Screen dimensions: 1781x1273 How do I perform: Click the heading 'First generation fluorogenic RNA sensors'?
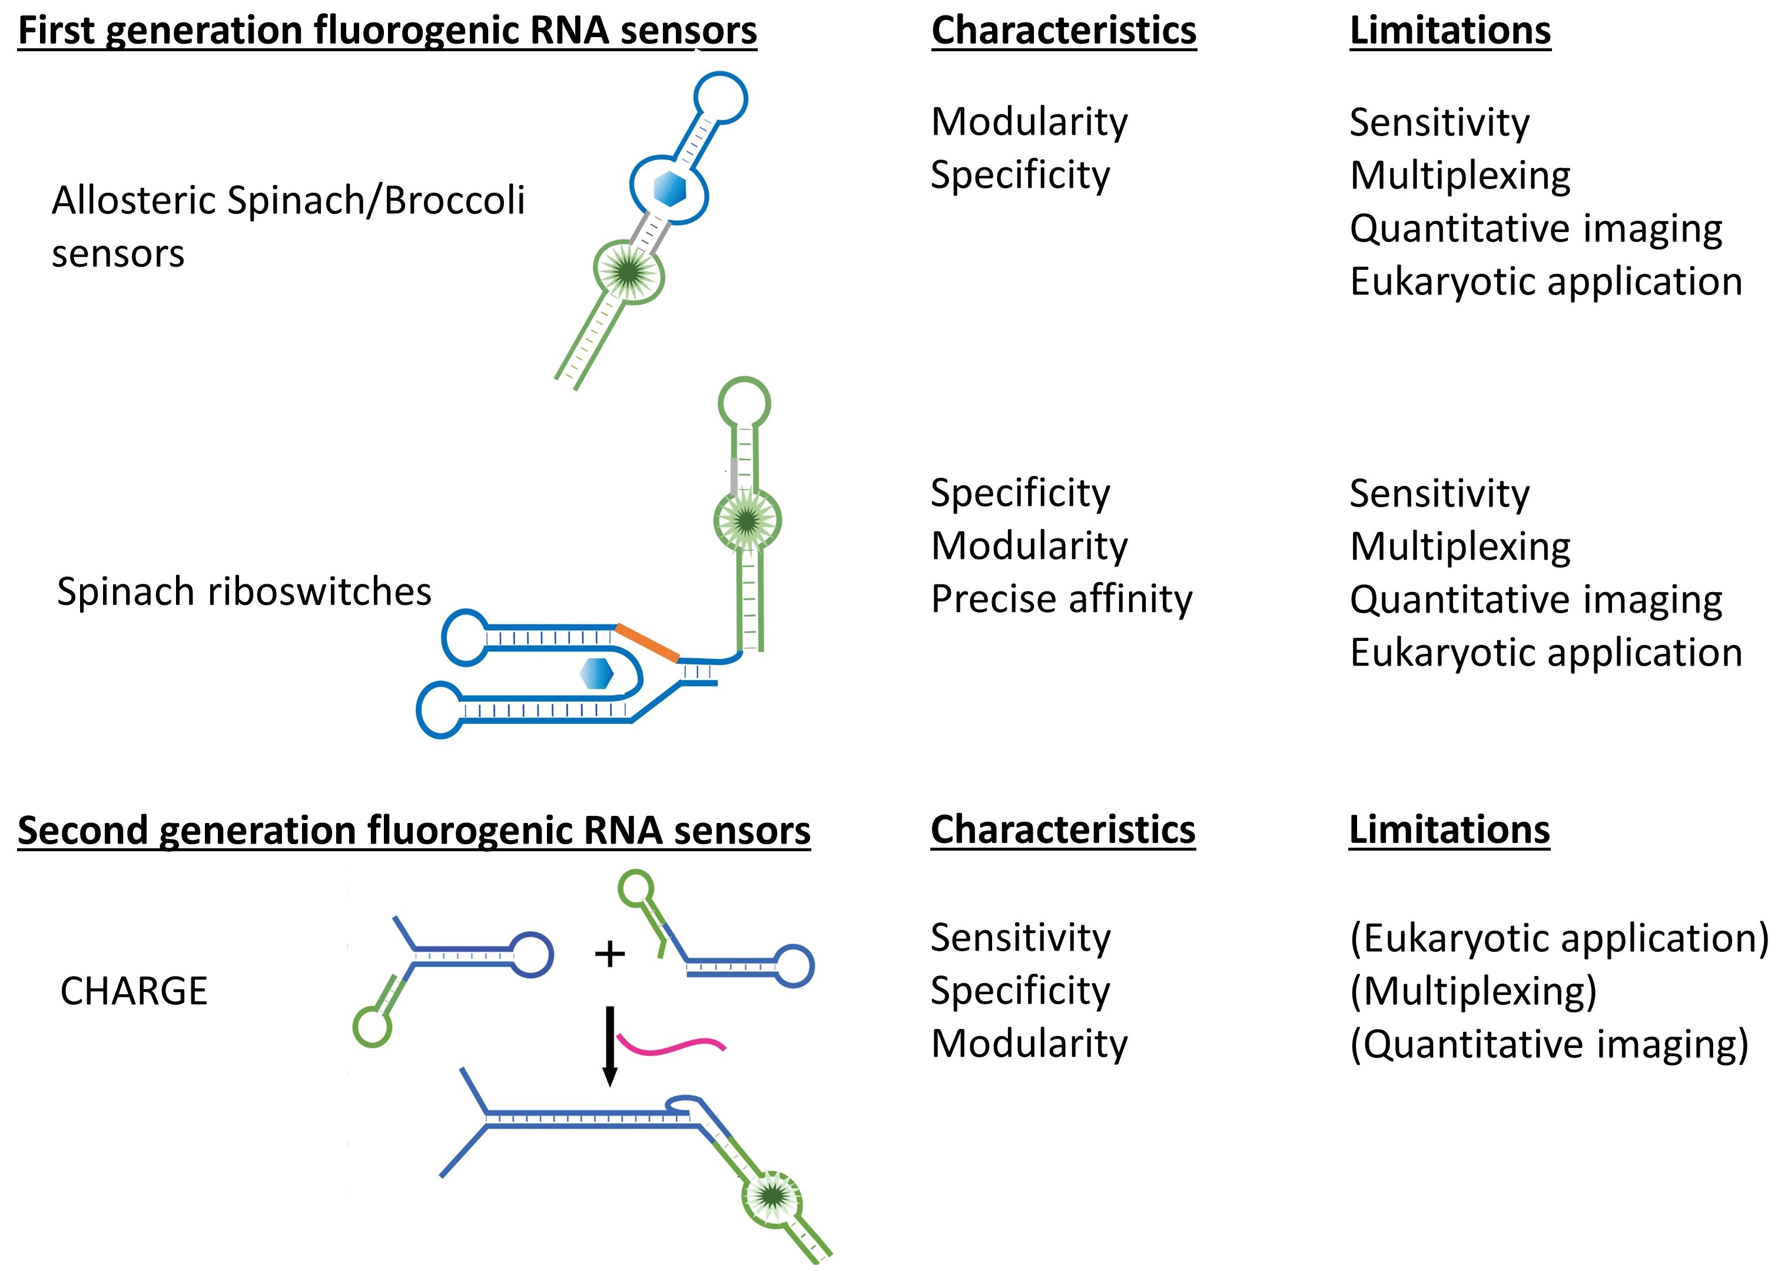coord(387,31)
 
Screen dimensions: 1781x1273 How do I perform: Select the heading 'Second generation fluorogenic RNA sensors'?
coord(414,831)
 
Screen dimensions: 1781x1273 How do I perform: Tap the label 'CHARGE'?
coord(134,991)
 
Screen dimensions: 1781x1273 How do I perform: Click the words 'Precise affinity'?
coord(1062,600)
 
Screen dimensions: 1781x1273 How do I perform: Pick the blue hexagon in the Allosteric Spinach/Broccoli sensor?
coord(670,189)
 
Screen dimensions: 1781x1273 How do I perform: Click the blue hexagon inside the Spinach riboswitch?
coord(597,673)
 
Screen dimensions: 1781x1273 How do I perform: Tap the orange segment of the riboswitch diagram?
coord(647,643)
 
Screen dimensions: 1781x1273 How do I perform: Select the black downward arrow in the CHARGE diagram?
coord(609,1046)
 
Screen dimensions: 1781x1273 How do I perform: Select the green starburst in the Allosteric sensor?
coord(628,272)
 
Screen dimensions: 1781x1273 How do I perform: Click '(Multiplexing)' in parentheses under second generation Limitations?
coord(1473,991)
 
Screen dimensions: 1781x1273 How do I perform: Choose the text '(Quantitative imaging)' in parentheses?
coord(1549,1045)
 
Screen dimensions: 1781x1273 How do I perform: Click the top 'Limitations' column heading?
coord(1450,31)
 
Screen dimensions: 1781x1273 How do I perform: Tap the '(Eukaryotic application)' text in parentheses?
coord(1559,938)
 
